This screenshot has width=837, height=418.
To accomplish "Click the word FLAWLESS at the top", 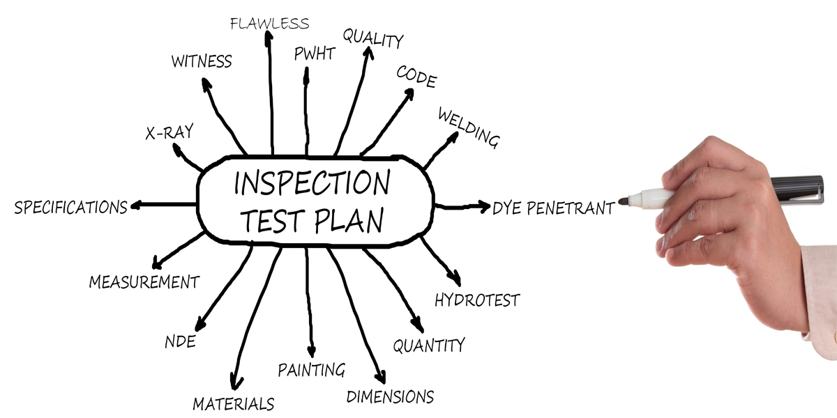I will (269, 23).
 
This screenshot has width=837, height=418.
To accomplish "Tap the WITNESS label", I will (202, 61).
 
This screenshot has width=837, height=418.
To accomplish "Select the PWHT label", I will (315, 54).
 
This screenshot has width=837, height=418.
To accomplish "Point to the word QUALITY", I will (372, 39).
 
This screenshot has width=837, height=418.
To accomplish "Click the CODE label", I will (416, 77).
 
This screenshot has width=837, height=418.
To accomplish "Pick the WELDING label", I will (468, 127).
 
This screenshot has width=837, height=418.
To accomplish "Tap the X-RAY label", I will (169, 132).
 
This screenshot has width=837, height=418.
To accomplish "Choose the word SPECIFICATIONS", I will (70, 207).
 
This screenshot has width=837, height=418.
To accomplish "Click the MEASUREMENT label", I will (144, 282).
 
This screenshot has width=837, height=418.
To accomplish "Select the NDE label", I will (179, 342).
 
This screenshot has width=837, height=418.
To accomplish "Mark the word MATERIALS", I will (233, 403).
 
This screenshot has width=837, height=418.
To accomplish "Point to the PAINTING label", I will (311, 369).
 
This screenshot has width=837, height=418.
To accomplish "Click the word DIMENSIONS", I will (390, 397).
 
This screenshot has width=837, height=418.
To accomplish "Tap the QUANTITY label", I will (428, 345).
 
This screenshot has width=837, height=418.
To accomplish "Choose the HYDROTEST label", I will (477, 300).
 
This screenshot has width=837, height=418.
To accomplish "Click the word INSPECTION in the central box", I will (311, 183).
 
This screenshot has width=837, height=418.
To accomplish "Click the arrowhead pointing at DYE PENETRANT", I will (484, 206).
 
